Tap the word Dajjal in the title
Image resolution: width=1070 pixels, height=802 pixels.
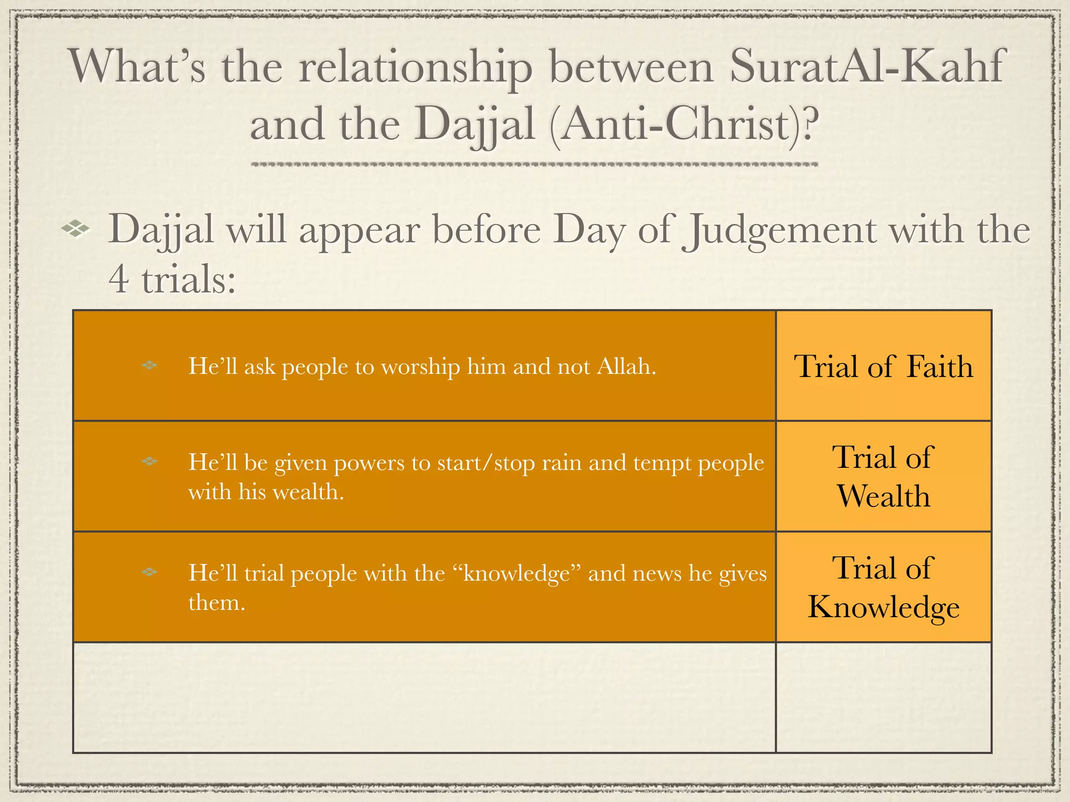tap(475, 125)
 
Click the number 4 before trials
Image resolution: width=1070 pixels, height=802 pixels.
tap(118, 279)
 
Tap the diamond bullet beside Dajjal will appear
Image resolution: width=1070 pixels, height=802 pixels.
tap(76, 229)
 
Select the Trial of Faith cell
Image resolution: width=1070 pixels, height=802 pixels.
tap(883, 366)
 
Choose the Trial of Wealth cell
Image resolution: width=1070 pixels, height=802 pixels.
tap(883, 476)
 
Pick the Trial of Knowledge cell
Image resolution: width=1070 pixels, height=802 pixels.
tap(883, 587)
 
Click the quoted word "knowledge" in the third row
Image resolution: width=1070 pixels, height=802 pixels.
tap(517, 573)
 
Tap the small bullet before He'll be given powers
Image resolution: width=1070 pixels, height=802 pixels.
tap(149, 462)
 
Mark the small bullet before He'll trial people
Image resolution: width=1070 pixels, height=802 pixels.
tap(149, 572)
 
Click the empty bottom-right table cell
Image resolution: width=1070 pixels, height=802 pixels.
tap(883, 698)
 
